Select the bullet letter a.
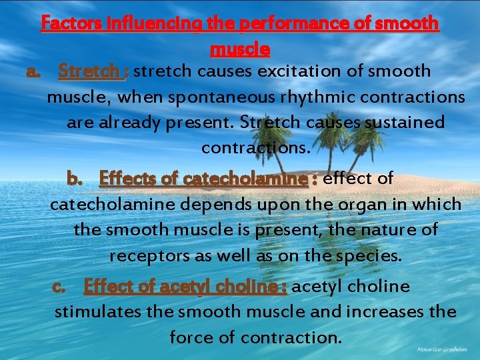click(x=31, y=71)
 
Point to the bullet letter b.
click(x=73, y=179)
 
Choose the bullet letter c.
click(x=59, y=287)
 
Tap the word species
click(x=368, y=256)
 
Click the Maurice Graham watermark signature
click(x=441, y=349)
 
